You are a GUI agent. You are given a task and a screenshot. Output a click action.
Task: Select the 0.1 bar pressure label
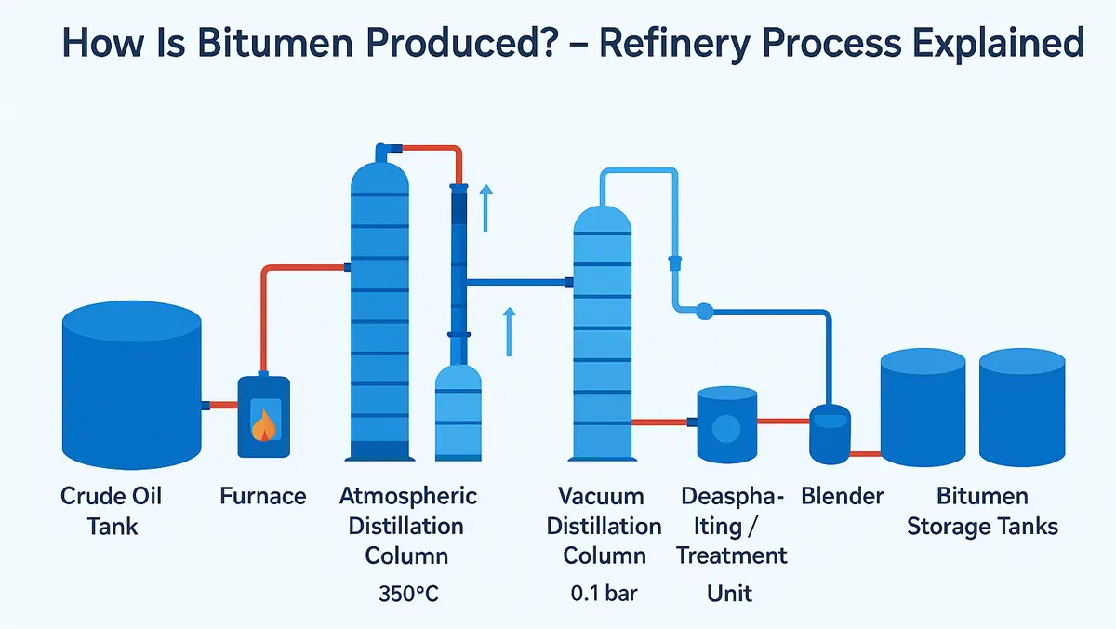(x=604, y=593)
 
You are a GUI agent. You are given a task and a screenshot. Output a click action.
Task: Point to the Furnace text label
(x=263, y=496)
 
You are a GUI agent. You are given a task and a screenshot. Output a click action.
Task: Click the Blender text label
(x=843, y=496)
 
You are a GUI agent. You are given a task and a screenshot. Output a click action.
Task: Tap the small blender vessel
(x=830, y=435)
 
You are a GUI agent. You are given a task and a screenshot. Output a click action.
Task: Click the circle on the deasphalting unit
(x=725, y=429)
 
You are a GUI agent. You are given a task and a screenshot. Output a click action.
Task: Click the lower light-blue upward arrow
(x=509, y=332)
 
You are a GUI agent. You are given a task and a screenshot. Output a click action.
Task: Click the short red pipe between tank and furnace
(x=221, y=405)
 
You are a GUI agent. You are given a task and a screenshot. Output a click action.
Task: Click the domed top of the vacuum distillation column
(x=603, y=221)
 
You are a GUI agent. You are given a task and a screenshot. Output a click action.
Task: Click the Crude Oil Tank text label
(x=112, y=511)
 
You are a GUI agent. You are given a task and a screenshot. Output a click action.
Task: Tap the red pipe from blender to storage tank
(x=865, y=454)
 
